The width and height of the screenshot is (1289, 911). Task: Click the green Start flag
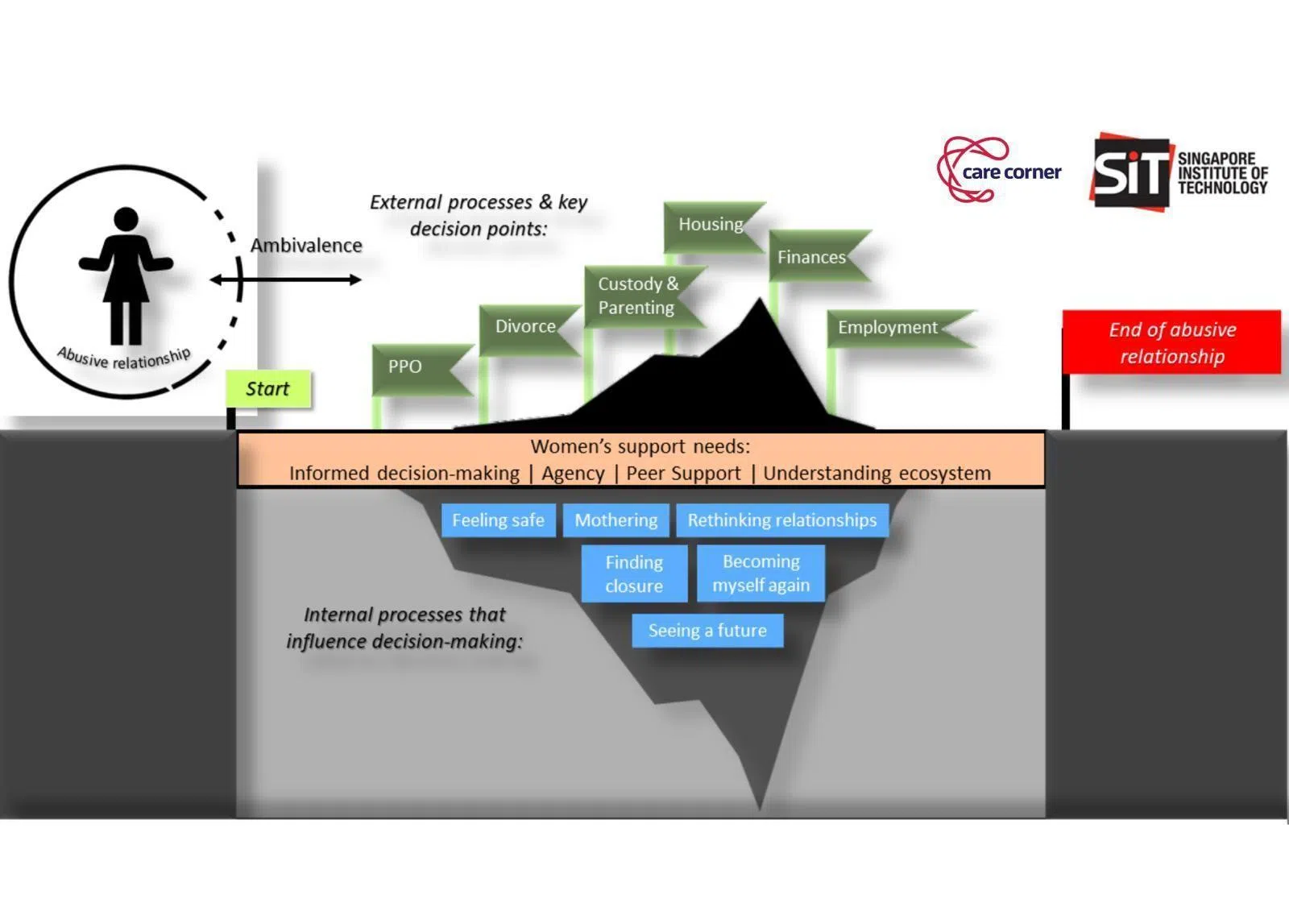coord(267,389)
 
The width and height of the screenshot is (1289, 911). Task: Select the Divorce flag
coord(525,327)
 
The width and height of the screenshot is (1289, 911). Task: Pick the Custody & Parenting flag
coord(638,296)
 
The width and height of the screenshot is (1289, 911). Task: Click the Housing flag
coord(710,225)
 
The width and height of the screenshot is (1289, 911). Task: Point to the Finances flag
coord(812,258)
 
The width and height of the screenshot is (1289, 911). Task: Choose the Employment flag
coord(889,328)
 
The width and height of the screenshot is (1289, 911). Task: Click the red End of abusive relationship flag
coord(1171,343)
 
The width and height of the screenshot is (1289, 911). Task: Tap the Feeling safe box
coord(498,521)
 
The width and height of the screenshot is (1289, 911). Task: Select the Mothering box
coord(615,521)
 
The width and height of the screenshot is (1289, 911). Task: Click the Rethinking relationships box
coord(781,521)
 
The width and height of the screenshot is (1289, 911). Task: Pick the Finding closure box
coord(634,574)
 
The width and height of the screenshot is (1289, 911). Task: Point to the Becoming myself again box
coord(761,574)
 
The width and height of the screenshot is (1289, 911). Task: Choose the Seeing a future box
coord(707,631)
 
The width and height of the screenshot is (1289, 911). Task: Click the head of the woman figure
coord(126,219)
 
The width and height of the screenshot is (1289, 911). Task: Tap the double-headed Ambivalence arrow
coord(286,280)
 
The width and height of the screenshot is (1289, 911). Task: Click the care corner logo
coord(999,171)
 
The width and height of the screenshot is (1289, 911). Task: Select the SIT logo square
coord(1130,172)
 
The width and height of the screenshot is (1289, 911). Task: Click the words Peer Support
coord(683,474)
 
